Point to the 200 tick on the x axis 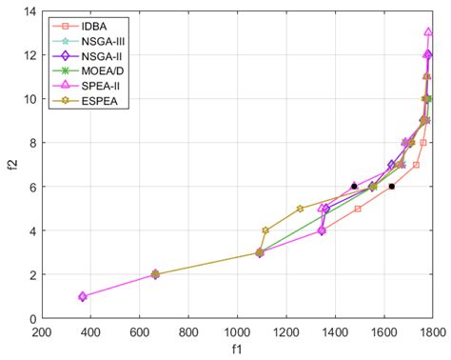coord(42,332)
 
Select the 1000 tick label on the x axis coord(237,332)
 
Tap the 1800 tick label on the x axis coord(432,332)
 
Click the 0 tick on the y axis coord(32,318)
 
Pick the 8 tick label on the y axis coord(32,143)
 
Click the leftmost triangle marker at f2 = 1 coord(83,296)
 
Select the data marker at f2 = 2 coord(156,274)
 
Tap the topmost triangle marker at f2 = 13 coord(429,32)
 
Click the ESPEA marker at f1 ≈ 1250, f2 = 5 coord(300,209)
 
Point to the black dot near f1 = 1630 coord(391,187)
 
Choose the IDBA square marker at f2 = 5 coord(358,209)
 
